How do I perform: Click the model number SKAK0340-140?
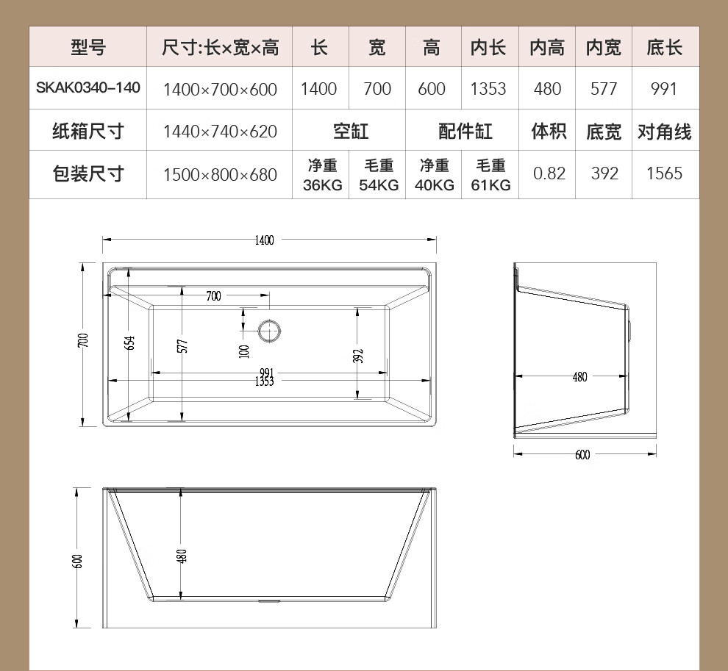(88, 87)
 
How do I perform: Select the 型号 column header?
(88, 47)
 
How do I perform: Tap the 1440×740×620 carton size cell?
(220, 132)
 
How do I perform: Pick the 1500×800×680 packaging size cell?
(220, 174)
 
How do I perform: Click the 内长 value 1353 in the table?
(488, 89)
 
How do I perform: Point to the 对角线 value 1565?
(665, 173)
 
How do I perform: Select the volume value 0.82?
(549, 173)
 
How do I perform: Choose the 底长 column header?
(665, 47)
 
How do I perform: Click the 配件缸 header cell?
(465, 132)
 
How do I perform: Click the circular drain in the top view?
(269, 331)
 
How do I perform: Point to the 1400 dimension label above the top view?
(264, 240)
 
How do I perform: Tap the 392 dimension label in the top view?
(358, 356)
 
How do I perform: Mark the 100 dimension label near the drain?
(244, 351)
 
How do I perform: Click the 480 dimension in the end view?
(580, 377)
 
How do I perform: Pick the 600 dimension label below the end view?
(582, 455)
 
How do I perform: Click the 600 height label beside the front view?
(77, 561)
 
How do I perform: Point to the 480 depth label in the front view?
(182, 556)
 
